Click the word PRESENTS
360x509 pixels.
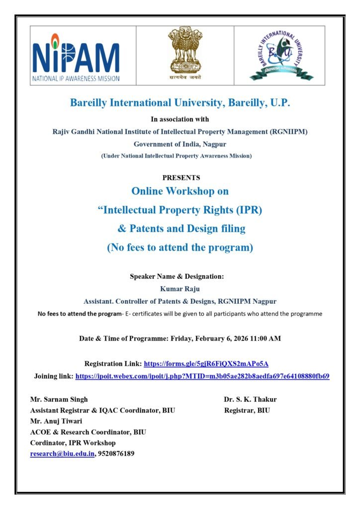tap(181, 177)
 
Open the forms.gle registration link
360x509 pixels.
tap(206, 364)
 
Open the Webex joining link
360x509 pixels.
tap(202, 376)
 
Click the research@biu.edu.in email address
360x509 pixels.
tap(62, 453)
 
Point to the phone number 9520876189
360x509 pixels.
tap(116, 453)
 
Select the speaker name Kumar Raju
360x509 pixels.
tap(180, 289)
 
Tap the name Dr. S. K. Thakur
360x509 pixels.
tap(250, 399)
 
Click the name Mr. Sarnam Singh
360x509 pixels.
tap(59, 399)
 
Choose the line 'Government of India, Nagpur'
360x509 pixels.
tap(180, 144)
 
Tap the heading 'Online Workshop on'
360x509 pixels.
tap(180, 191)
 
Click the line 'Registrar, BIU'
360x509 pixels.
tap(247, 410)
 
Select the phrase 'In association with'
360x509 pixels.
tap(180, 119)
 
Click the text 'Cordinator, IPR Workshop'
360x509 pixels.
tap(73, 442)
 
